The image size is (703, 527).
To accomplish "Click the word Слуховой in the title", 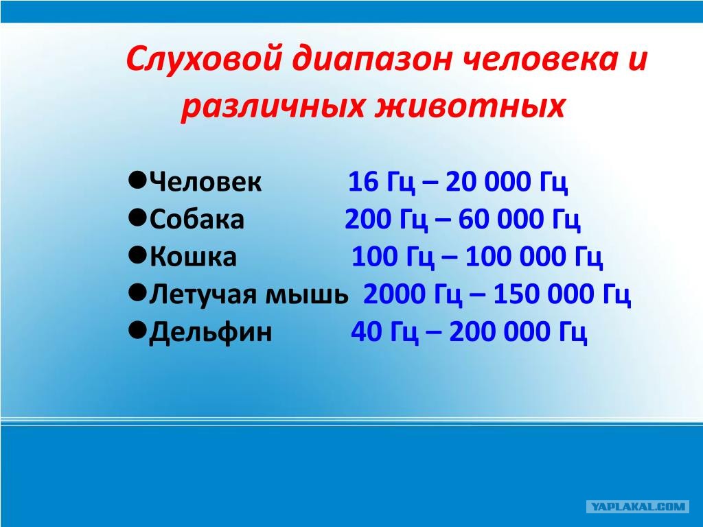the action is coord(205,59).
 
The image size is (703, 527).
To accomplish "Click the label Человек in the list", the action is coord(205,182).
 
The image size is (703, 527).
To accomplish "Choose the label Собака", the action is coord(197,220).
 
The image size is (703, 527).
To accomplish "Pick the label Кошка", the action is coord(193,257).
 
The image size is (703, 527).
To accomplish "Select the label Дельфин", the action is coord(211,332).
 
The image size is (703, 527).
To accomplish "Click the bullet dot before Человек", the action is coord(137,180).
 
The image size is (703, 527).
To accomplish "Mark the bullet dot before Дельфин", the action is coord(137,330).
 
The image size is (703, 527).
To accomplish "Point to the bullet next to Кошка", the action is coord(137,255).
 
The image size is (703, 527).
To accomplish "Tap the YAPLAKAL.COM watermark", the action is coord(638,507).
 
